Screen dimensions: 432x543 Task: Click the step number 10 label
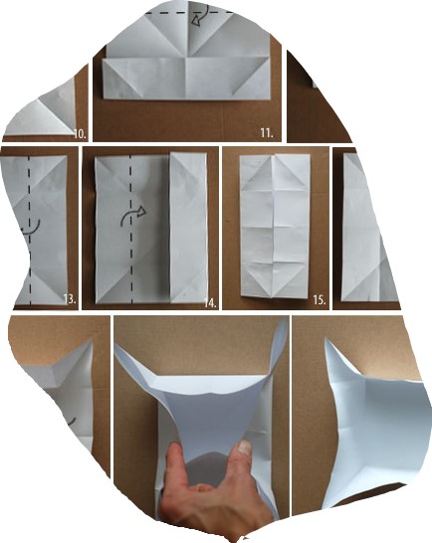pos(80,133)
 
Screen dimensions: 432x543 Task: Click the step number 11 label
pos(267,132)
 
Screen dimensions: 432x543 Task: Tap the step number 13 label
pos(70,298)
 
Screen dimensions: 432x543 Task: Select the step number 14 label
pos(210,303)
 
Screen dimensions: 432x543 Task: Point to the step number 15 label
pos(319,300)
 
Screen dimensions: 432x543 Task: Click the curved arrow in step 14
pos(133,215)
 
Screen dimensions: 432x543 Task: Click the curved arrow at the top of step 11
pos(201,16)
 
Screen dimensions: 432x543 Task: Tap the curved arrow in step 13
pos(32,228)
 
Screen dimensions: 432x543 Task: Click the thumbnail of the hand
pos(246,448)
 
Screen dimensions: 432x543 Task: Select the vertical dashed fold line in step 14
pos(131,229)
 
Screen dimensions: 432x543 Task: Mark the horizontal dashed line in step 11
pos(189,13)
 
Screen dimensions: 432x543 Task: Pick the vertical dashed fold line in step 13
pos(30,231)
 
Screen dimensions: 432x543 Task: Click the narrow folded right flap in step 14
pos(188,228)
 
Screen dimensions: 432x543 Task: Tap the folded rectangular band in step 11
pos(186,79)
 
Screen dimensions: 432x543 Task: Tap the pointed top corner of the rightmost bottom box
pos(325,340)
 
